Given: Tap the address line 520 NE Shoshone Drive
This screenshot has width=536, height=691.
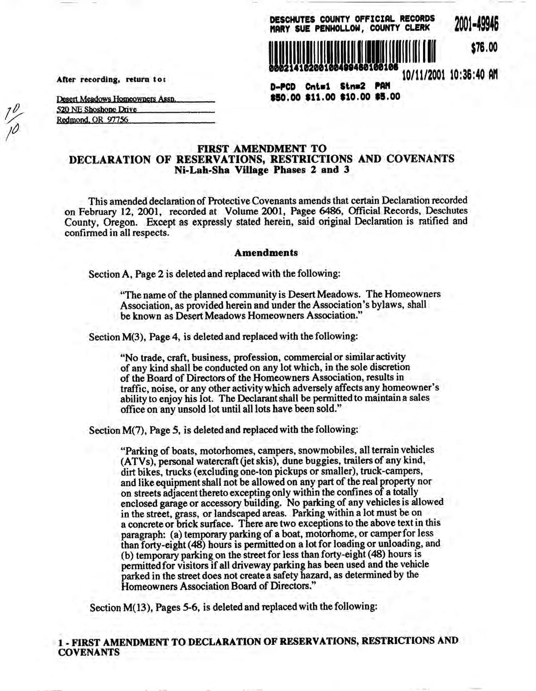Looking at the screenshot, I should click(97, 110).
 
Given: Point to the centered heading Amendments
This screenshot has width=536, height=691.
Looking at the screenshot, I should click(266, 253).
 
